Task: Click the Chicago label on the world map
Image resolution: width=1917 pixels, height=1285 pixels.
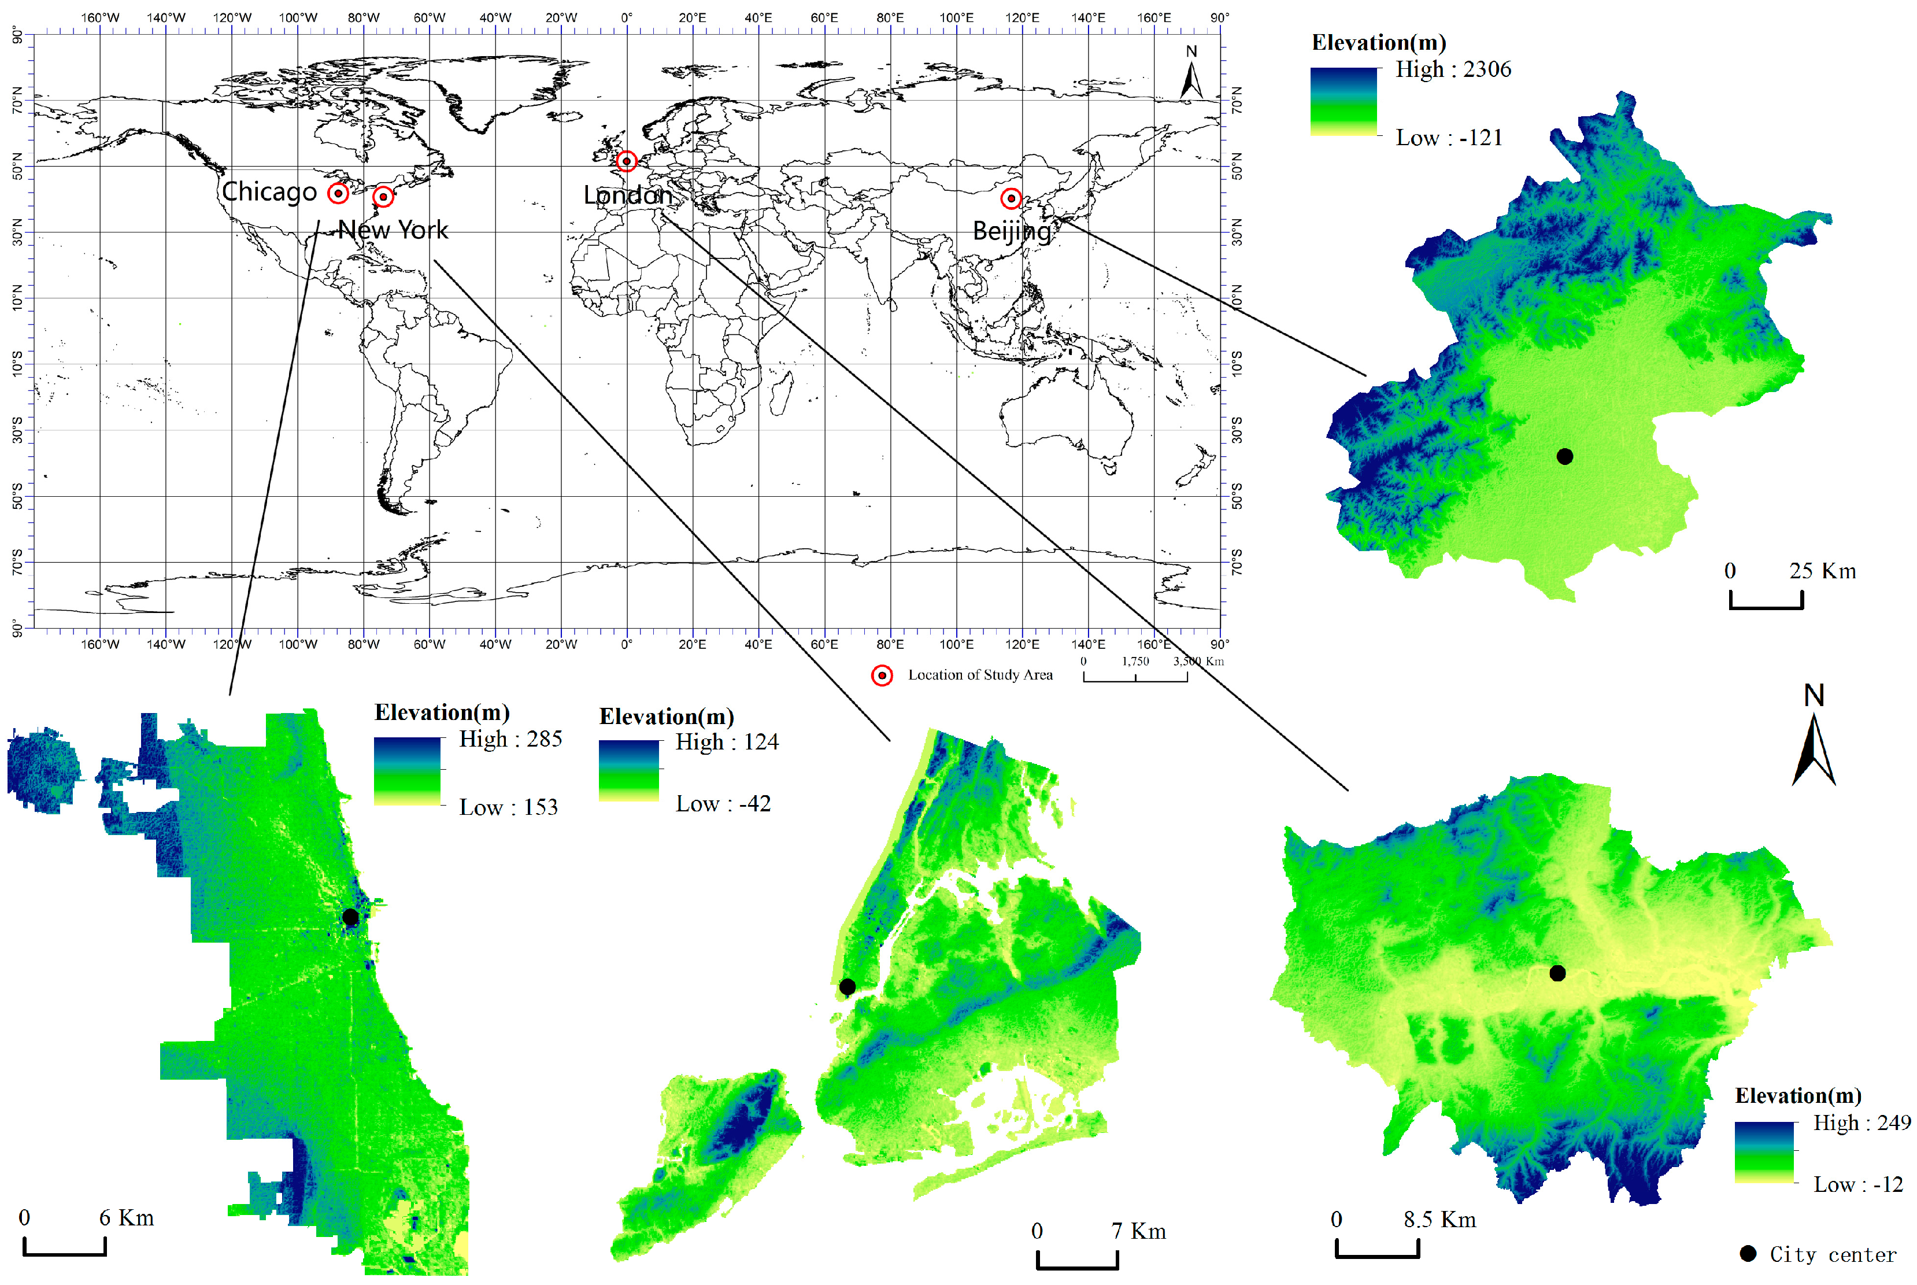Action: click(x=269, y=192)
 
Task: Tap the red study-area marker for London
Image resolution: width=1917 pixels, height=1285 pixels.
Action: click(x=627, y=161)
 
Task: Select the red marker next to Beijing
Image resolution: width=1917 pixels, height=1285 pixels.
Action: click(x=1011, y=198)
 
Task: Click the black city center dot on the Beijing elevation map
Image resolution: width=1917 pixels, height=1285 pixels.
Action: click(x=1565, y=456)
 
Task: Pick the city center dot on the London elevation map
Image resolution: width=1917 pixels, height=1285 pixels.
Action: click(x=1557, y=973)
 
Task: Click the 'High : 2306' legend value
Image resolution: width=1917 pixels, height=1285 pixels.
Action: click(x=1453, y=69)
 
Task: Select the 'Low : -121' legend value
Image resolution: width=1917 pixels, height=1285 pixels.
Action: click(x=1449, y=138)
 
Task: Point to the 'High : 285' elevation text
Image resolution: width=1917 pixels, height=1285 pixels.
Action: click(x=510, y=739)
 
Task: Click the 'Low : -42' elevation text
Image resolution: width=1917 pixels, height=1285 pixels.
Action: click(x=723, y=804)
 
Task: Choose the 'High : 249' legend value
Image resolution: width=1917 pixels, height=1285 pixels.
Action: click(x=1862, y=1122)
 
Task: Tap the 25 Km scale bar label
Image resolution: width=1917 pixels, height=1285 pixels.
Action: click(x=1822, y=571)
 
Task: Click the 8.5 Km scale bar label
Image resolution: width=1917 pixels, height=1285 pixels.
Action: click(x=1439, y=1220)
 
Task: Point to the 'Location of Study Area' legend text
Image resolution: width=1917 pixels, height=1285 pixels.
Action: click(x=980, y=675)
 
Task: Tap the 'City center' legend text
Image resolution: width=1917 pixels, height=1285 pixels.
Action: click(x=1833, y=1255)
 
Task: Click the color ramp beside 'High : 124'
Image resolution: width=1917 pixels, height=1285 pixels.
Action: click(x=628, y=770)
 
